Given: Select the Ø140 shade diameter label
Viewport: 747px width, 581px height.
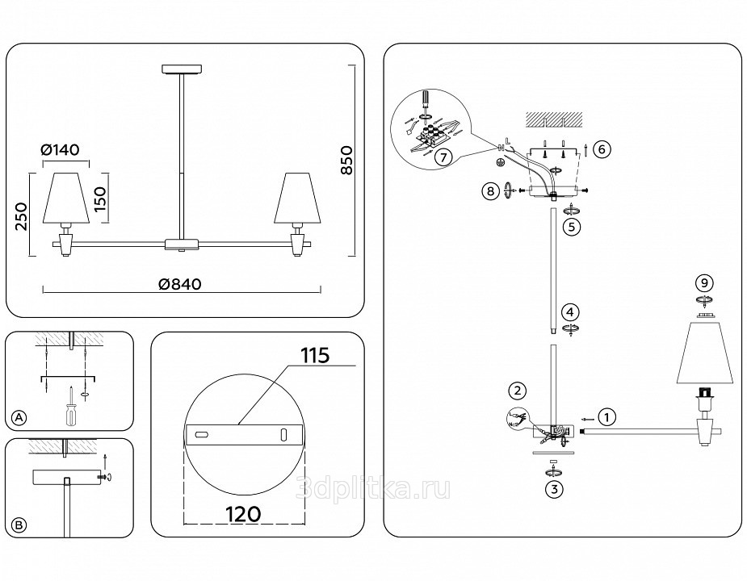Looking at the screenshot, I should pos(65,149).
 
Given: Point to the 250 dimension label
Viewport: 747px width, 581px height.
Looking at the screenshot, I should pos(23,215).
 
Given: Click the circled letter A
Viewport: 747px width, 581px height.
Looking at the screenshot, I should pos(19,417).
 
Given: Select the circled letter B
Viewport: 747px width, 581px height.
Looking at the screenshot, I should pos(19,525).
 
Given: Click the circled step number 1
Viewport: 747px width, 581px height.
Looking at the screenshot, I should pos(608,417).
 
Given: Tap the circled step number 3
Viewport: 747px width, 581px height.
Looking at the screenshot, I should pos(553,487).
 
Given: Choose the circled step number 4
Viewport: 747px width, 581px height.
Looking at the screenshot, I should pos(571,311).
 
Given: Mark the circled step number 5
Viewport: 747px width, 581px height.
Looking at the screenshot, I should pos(572,227).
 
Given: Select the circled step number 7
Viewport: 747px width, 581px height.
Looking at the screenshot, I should pos(442,158).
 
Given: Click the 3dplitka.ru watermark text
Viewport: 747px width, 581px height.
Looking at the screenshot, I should pos(374,488).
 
